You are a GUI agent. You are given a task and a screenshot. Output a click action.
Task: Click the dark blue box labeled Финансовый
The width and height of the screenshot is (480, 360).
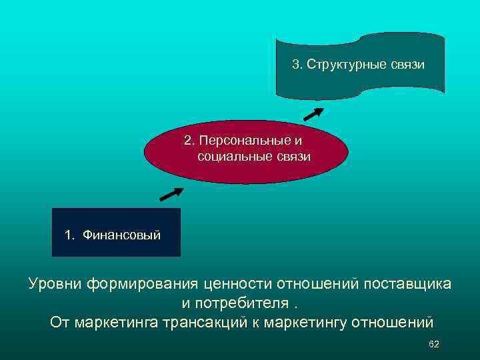coord(116,233)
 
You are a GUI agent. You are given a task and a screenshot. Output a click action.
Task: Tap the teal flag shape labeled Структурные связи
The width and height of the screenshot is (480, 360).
coord(360,63)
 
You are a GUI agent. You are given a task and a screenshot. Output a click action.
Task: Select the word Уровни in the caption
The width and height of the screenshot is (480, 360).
coord(55,284)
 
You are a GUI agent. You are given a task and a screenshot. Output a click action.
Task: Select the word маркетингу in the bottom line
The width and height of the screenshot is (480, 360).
coord(313,323)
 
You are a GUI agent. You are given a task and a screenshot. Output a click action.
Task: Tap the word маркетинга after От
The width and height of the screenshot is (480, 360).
coord(113,323)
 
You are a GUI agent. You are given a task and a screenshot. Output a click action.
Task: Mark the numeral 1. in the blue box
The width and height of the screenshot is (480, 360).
coord(69,235)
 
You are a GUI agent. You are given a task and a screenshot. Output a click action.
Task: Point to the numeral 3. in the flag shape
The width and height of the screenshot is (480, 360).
coord(297,65)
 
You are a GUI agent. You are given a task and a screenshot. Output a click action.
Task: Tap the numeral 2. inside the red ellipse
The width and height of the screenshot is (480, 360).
coord(189,141)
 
